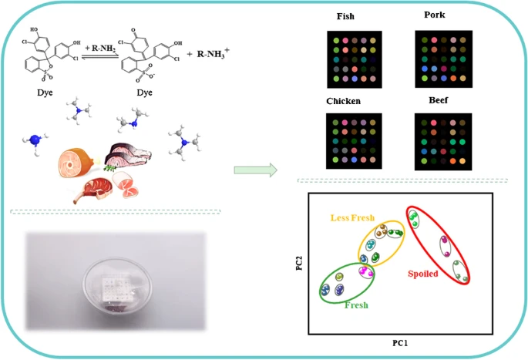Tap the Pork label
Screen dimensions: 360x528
click(x=435, y=15)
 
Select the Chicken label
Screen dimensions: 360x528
click(x=344, y=101)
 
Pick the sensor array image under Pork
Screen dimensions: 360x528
click(x=443, y=58)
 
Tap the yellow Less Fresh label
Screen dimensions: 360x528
click(x=352, y=218)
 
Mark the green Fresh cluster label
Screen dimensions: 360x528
click(x=356, y=305)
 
